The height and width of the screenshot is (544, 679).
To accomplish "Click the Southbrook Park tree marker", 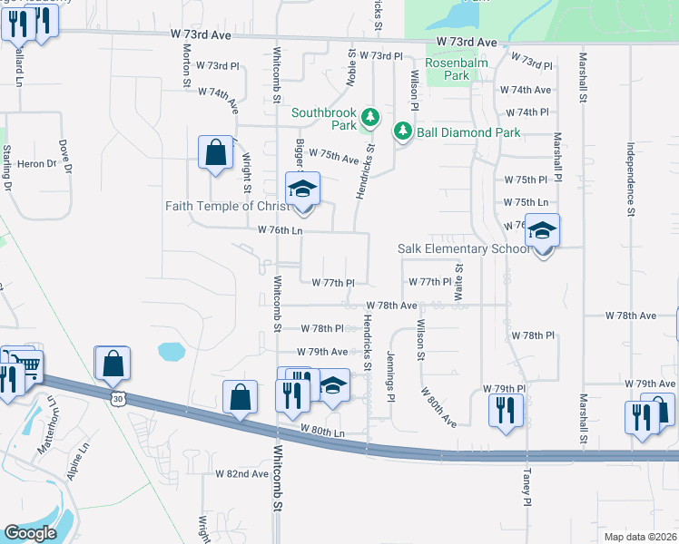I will pyautogui.click(x=370, y=117).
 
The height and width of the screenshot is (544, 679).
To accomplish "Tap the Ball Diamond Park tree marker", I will pyautogui.click(x=403, y=132).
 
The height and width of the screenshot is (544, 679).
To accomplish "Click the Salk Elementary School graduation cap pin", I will pyautogui.click(x=543, y=231).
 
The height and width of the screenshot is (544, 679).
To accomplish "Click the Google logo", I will pyautogui.click(x=30, y=533).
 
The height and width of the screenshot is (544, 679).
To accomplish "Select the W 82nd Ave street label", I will pyautogui.click(x=241, y=473).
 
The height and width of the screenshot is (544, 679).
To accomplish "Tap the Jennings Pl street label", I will pyautogui.click(x=390, y=377).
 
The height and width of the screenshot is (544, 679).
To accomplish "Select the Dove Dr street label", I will pyautogui.click(x=64, y=156).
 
